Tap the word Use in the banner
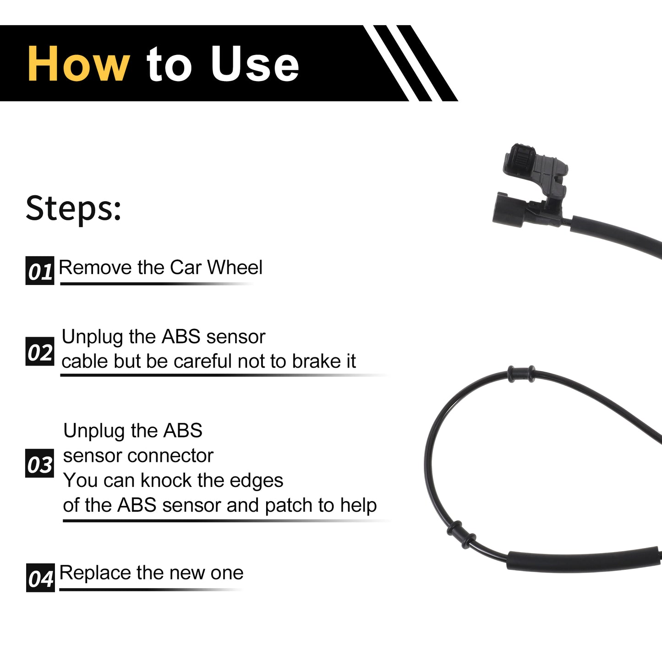pyautogui.click(x=255, y=64)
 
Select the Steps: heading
pyautogui.click(x=73, y=208)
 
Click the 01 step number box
pyautogui.click(x=40, y=270)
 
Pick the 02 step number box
pyautogui.click(x=40, y=351)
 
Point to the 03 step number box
pyautogui.click(x=39, y=463)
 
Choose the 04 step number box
pyautogui.click(x=40, y=578)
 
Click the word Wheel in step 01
pyautogui.click(x=235, y=267)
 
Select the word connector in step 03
pyautogui.click(x=170, y=456)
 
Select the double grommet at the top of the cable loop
pyautogui.click(x=521, y=374)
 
